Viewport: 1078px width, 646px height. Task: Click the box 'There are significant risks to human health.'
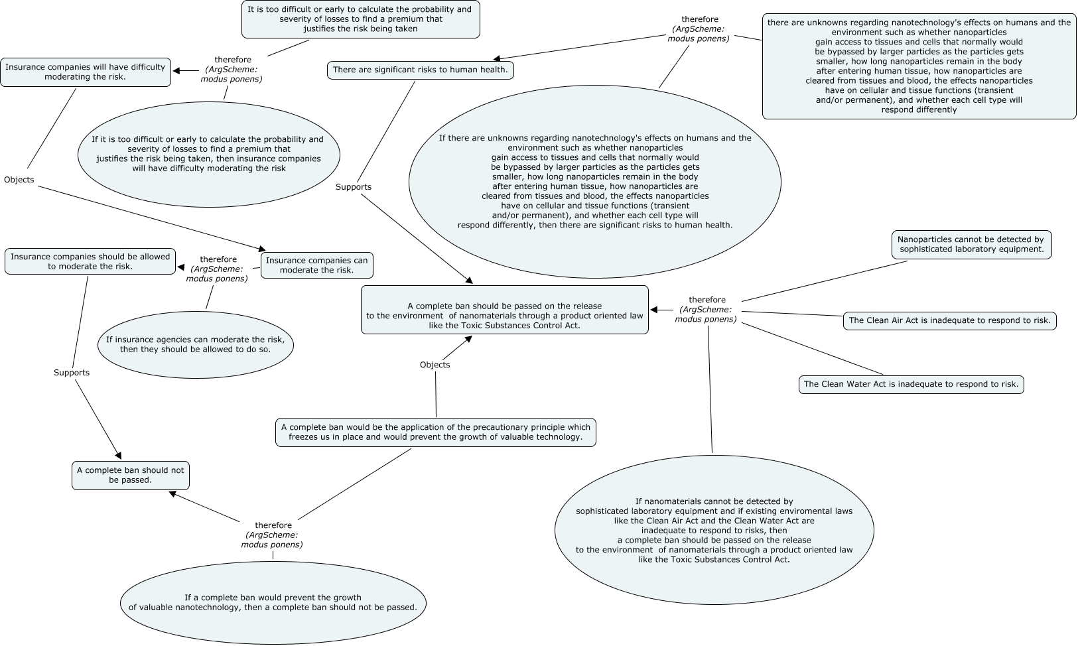point(420,70)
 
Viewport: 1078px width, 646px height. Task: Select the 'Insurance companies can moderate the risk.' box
point(316,265)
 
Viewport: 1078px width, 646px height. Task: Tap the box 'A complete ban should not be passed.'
point(131,475)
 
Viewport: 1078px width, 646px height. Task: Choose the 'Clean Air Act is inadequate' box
point(949,320)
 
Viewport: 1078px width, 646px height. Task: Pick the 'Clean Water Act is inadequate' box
point(911,384)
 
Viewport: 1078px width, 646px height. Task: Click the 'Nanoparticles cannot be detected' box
point(971,245)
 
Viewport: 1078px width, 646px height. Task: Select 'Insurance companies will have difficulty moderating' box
point(86,72)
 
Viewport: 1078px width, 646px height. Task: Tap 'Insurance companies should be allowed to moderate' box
point(90,261)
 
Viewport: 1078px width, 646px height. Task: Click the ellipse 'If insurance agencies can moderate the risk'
point(196,344)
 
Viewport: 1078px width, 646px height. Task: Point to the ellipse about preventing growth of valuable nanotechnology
point(273,602)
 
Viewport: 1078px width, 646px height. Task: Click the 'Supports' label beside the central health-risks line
point(354,187)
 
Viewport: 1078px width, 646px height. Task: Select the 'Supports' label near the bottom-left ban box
point(72,373)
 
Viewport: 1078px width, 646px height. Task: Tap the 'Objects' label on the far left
point(19,180)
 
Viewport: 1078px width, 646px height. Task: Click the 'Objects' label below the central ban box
point(435,365)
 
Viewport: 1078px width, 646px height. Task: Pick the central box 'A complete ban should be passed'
point(504,310)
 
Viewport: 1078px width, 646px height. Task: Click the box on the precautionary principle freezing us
point(435,432)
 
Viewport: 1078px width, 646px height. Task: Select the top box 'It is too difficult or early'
point(360,19)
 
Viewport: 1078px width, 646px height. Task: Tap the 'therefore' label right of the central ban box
point(707,300)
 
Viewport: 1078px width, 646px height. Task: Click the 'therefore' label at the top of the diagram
point(699,20)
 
